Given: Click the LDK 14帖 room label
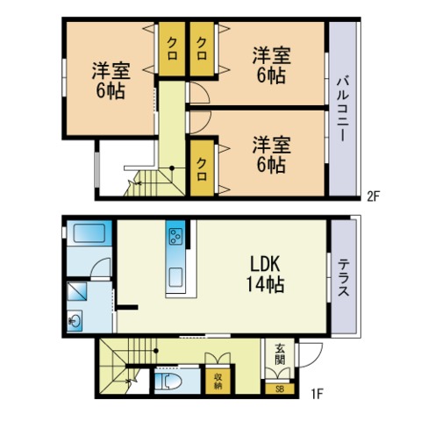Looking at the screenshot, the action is tap(265, 274).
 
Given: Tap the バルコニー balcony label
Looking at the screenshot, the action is tap(343, 109).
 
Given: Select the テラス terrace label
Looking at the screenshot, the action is tap(344, 278).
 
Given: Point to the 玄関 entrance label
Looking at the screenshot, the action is tap(280, 353).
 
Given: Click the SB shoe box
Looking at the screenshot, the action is tap(280, 389).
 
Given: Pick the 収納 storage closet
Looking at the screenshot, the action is tap(218, 381).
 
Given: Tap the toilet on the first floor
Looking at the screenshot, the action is tap(168, 381).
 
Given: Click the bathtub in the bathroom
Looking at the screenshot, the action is tap(89, 233).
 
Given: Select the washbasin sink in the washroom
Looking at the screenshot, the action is tap(75, 321).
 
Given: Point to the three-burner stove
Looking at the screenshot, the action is tap(176, 236).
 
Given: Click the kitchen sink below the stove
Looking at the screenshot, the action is tap(175, 277).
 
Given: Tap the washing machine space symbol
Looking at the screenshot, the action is tap(77, 291).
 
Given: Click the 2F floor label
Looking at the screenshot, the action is tap(373, 196).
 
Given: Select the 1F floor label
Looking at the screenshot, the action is tap(317, 394).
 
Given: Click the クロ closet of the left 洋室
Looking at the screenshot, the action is tap(172, 49).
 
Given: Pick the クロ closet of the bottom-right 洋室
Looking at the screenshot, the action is tap(202, 168).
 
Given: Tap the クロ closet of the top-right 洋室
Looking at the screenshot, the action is tap(202, 49).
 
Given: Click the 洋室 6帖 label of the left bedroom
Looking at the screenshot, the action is tap(111, 80).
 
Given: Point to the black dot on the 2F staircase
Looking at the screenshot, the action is tap(172, 168).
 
